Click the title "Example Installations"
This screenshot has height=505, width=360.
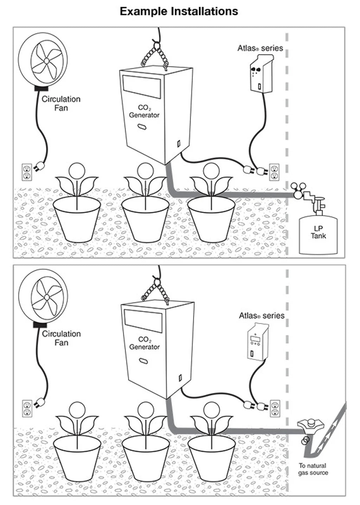pyautogui.click(x=179, y=11)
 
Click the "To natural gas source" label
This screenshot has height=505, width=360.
pyautogui.click(x=313, y=469)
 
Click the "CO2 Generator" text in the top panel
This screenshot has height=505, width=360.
pyautogui.click(x=144, y=111)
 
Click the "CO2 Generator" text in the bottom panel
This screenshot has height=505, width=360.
pyautogui.click(x=144, y=343)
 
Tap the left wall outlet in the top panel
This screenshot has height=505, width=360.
pyautogui.click(x=27, y=172)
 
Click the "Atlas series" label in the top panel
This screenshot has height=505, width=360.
pyautogui.click(x=260, y=48)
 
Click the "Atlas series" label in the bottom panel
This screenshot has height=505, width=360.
pyautogui.click(x=262, y=316)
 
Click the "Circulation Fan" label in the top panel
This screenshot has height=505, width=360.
pyautogui.click(x=61, y=103)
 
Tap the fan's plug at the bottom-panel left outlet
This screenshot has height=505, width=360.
pyautogui.click(x=39, y=401)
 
